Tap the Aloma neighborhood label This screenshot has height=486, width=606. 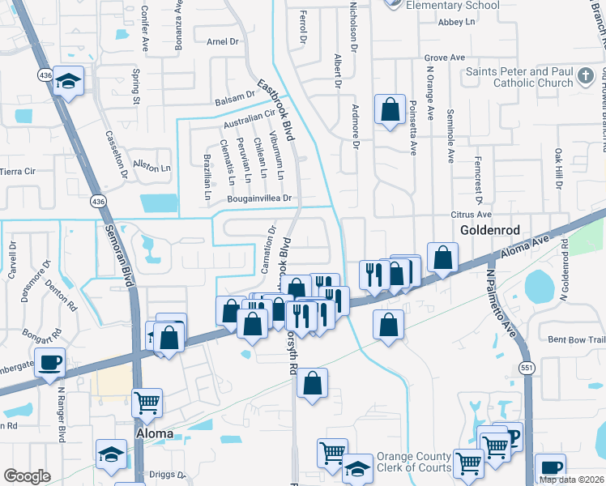155,433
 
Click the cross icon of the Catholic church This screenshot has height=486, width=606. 586,77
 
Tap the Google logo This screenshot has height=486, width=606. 27,476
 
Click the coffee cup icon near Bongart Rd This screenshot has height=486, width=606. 50,362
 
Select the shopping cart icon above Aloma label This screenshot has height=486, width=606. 147,401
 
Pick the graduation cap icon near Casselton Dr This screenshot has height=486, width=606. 70,81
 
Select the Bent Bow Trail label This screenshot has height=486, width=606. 577,339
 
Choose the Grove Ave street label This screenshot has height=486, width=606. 445,58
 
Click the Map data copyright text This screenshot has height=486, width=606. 571,479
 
